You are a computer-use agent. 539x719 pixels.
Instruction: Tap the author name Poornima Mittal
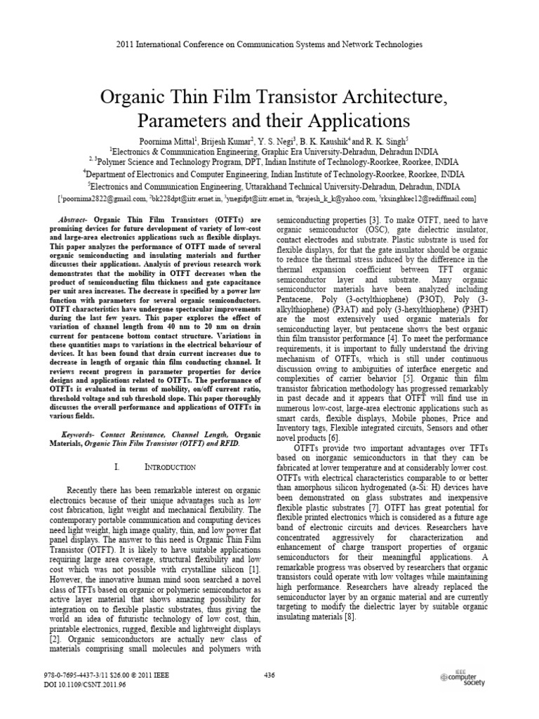[x=169, y=140]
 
